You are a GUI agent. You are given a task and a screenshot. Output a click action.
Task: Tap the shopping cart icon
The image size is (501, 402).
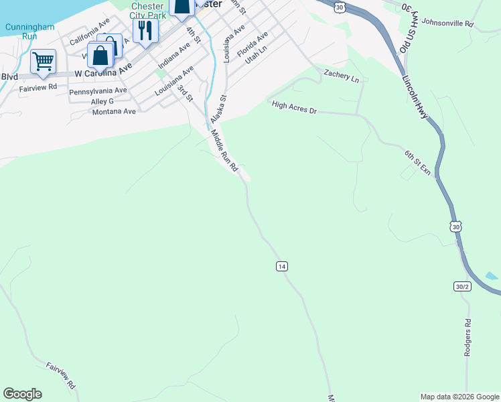pyautogui.click(x=43, y=62)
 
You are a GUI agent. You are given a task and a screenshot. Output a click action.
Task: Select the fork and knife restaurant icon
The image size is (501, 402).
pyautogui.click(x=145, y=29)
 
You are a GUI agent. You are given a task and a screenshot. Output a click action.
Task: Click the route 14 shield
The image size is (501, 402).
pyautogui.click(x=281, y=266)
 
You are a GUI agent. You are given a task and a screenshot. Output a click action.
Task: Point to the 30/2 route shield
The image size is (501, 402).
pyautogui.click(x=462, y=286)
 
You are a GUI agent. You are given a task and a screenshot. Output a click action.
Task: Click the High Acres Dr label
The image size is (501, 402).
pyautogui.click(x=294, y=107)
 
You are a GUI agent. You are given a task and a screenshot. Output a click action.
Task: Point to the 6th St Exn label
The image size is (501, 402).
pyautogui.click(x=417, y=162)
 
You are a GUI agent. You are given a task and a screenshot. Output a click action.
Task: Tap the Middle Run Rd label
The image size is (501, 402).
pyautogui.click(x=225, y=151)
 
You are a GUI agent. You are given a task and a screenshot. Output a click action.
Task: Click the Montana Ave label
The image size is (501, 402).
pyautogui.click(x=114, y=111)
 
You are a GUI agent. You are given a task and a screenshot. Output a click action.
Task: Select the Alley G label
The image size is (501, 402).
pyautogui.click(x=102, y=101)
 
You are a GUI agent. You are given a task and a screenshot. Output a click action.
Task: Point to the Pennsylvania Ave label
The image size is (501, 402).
pyautogui.click(x=98, y=90)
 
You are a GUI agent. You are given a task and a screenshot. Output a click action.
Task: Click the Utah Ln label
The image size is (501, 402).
pyautogui.click(x=256, y=53)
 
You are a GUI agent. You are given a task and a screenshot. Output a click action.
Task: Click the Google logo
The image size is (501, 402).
pyautogui.click(x=22, y=394)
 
